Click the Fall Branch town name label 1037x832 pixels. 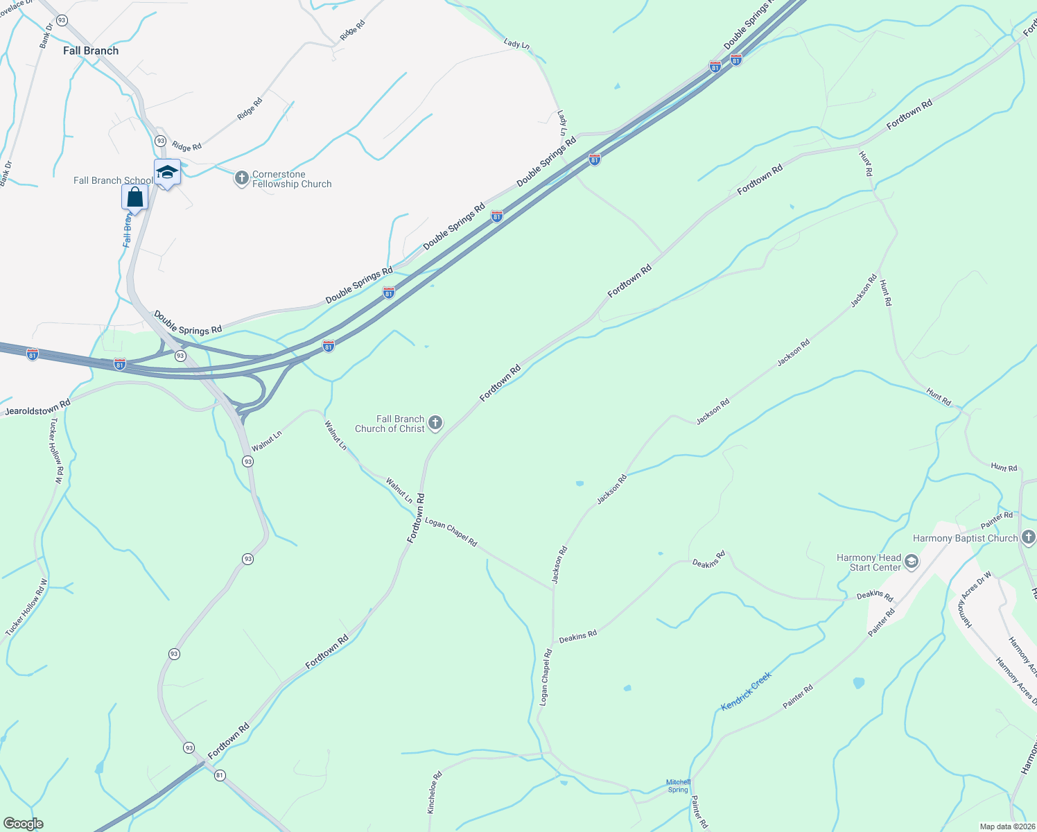[x=91, y=51]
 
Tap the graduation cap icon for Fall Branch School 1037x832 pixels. [x=167, y=172]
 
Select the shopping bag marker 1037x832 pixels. [x=135, y=198]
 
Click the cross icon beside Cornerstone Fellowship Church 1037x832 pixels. [x=241, y=180]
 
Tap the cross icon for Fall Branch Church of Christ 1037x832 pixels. [x=435, y=423]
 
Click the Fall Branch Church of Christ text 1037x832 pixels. [x=390, y=424]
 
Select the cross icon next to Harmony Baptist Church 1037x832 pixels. [x=1028, y=537]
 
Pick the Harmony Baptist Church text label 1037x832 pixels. [x=965, y=538]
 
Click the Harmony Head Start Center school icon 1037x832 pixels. [x=912, y=562]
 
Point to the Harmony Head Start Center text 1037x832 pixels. [x=869, y=562]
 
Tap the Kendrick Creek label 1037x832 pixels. [x=746, y=691]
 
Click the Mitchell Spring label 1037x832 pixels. [x=678, y=786]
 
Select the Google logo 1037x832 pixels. [x=23, y=824]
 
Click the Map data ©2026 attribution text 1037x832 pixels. [x=1006, y=826]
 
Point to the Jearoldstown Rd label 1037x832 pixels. [x=37, y=408]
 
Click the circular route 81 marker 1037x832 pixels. [x=220, y=775]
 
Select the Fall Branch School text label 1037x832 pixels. [x=113, y=180]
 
